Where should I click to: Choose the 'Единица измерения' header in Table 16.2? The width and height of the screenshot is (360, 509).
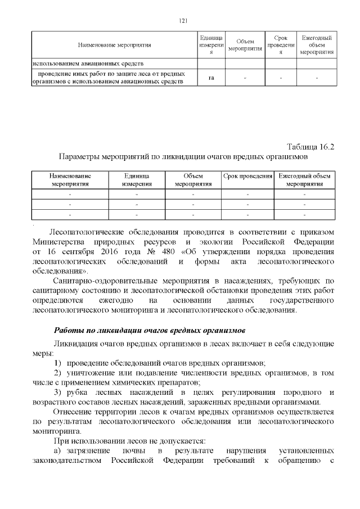pos(137,179)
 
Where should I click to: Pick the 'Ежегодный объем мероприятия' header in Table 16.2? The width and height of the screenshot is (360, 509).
pos(304,179)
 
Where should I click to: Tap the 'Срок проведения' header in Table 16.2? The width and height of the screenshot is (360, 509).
pos(247,177)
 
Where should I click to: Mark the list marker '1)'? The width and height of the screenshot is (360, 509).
pos(57,363)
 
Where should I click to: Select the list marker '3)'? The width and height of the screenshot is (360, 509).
pos(57,392)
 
